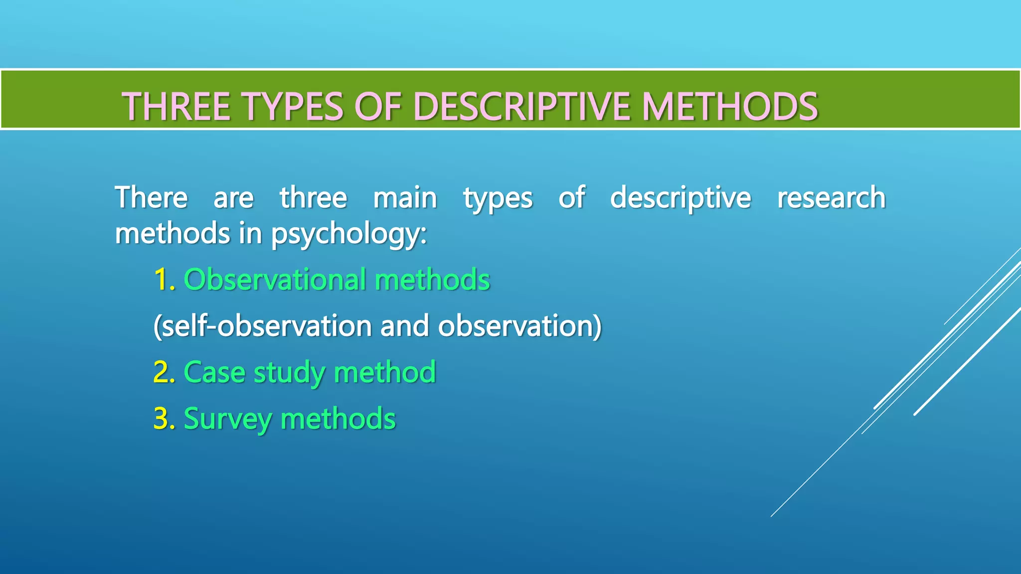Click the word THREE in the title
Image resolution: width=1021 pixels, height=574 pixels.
175,107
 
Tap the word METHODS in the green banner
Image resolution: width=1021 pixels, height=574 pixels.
730,107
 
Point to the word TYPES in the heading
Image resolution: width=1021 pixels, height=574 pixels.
293,107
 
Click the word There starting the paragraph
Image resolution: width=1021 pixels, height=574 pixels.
151,198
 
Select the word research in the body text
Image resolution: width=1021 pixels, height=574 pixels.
831,198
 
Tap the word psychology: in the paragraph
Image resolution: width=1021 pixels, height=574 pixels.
348,234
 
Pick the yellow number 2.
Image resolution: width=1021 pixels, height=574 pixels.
164,372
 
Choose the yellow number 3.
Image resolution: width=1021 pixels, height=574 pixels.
164,419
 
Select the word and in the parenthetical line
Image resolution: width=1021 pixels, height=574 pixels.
404,326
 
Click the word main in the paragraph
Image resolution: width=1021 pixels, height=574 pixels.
405,198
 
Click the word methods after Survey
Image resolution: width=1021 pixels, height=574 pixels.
338,419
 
